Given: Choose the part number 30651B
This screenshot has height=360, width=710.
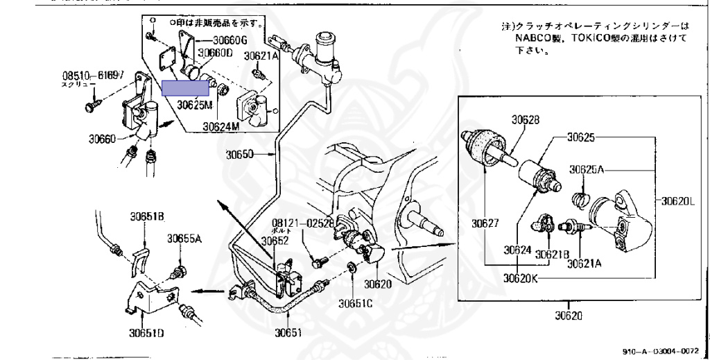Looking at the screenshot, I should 146,215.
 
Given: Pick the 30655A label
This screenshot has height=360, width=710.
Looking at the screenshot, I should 184,239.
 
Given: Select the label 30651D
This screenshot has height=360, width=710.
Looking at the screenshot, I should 146,332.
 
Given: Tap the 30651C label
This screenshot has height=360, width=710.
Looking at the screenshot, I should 356,302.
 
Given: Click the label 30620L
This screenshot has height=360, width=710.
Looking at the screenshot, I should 679,202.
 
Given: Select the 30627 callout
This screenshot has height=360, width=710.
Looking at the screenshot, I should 487,223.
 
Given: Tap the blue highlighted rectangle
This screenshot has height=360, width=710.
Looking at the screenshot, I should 186,87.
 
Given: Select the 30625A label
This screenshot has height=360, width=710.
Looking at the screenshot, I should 589,168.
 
